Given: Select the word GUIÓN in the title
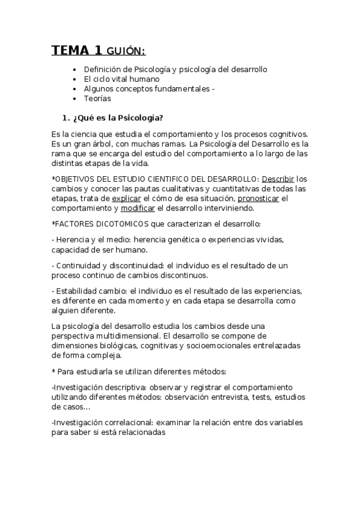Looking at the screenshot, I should [x=126, y=51].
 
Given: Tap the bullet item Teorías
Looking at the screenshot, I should [x=97, y=99].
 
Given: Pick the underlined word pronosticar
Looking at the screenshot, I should [x=258, y=198].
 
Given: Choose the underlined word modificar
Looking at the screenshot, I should [x=138, y=208].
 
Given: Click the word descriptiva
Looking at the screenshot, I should [x=132, y=387].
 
